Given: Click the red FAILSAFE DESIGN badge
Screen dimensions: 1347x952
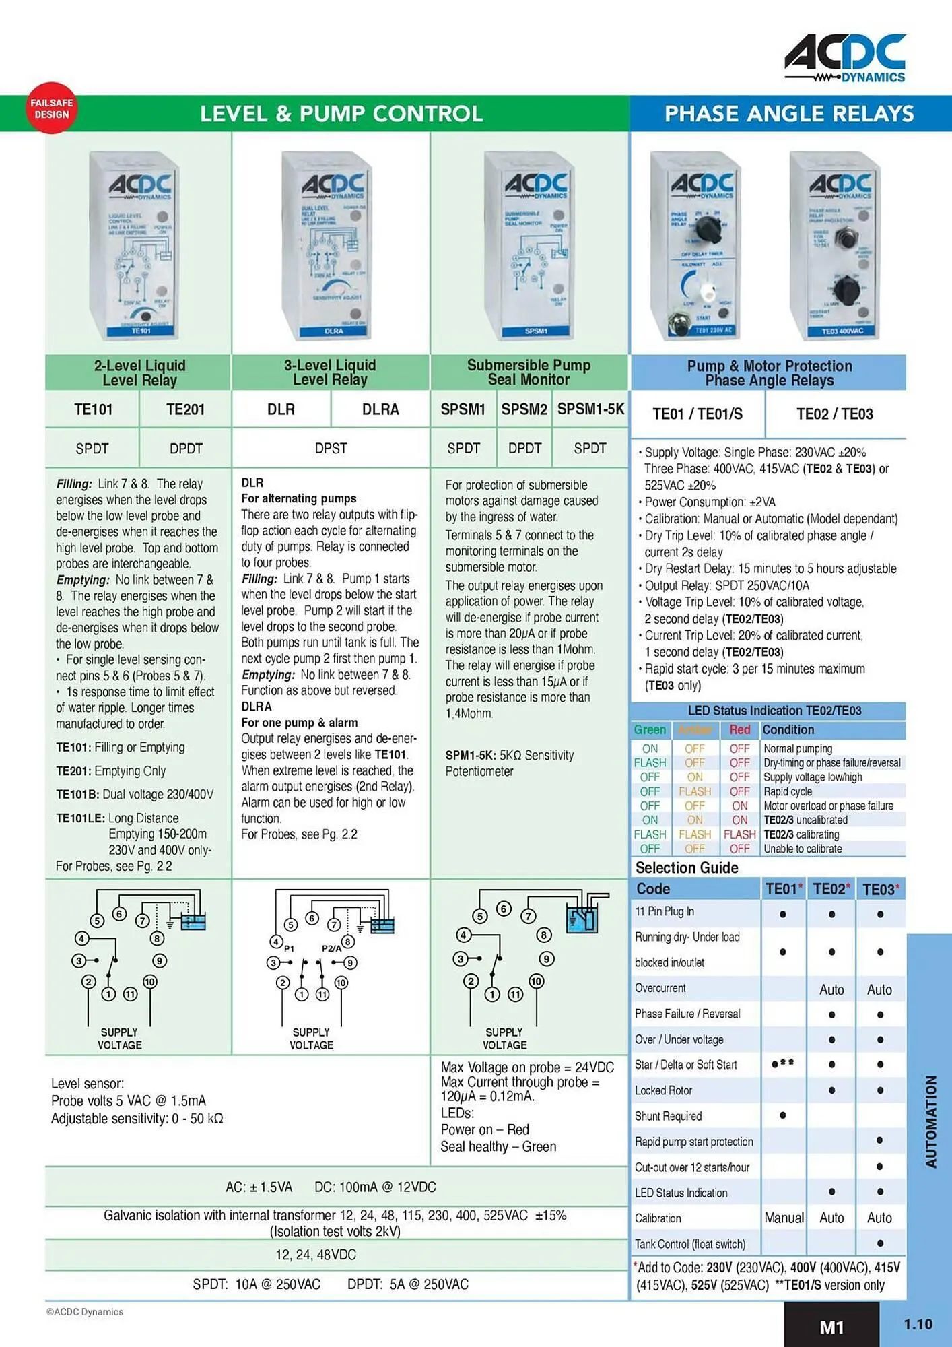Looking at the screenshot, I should click(x=52, y=108).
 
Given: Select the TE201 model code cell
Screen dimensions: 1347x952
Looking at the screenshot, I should click(x=185, y=409).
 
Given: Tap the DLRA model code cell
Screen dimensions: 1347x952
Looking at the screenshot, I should click(x=380, y=409).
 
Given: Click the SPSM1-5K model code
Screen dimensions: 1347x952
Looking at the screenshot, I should click(x=590, y=409).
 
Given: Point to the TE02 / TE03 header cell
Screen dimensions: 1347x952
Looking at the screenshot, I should click(x=834, y=414).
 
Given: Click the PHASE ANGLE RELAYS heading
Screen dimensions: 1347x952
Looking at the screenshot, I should click(x=789, y=114).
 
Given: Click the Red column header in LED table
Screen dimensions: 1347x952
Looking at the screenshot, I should click(x=739, y=730).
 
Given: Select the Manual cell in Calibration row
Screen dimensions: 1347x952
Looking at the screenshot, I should click(x=784, y=1218).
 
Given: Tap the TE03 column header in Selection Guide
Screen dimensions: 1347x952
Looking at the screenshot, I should click(x=880, y=890).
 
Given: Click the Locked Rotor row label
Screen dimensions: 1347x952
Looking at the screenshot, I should click(x=663, y=1090).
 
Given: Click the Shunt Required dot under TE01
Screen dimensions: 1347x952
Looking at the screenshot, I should click(x=783, y=1115).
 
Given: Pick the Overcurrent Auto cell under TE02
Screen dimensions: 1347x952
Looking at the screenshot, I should click(x=831, y=990).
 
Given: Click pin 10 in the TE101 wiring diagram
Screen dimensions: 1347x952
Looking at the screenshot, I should click(x=149, y=982).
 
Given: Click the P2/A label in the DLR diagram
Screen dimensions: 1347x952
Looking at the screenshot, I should click(x=331, y=948).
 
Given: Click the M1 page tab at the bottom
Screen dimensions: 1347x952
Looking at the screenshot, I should click(x=831, y=1327).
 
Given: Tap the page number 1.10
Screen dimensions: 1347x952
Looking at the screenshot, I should click(x=917, y=1325).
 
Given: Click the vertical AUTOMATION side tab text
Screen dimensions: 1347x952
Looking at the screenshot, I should click(x=931, y=1121).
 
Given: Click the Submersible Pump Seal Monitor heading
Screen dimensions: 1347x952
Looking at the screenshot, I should click(x=529, y=372).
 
